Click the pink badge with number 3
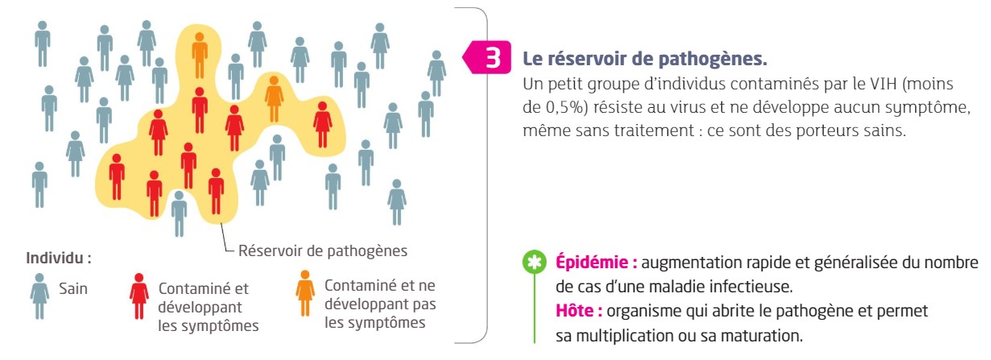(488, 57)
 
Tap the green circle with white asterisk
(535, 263)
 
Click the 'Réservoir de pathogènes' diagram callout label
(323, 250)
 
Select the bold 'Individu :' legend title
(59, 259)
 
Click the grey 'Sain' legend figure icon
(39, 296)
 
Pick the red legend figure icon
(139, 296)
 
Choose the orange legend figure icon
(305, 293)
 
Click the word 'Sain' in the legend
(73, 288)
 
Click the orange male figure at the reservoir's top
(200, 56)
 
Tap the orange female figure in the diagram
(274, 99)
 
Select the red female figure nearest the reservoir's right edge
(323, 124)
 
